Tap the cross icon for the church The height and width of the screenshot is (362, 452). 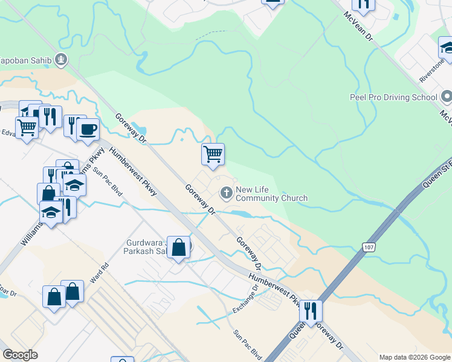(x=227, y=193)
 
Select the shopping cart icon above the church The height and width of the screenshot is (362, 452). (x=213, y=154)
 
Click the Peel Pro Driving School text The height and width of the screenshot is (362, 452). (x=393, y=97)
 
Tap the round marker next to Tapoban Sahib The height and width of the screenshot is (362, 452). (x=60, y=59)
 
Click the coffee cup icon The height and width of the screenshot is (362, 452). (x=88, y=129)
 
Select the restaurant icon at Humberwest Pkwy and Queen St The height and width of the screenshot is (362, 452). (x=311, y=311)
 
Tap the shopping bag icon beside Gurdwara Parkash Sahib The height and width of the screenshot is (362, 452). (x=178, y=247)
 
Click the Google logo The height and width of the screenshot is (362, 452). (x=20, y=355)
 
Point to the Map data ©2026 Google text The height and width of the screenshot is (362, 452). (x=415, y=357)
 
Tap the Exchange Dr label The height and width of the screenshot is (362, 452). (x=245, y=300)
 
